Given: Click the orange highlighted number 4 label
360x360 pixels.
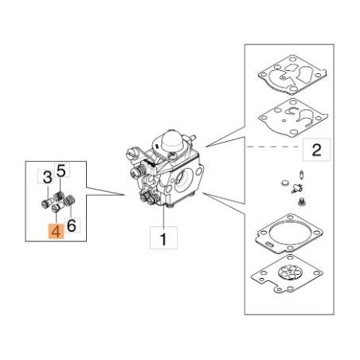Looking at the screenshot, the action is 56,231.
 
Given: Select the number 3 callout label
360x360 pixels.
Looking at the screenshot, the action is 47,177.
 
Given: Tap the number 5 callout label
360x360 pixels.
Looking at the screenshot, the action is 61,170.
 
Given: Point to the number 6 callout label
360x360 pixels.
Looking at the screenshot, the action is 72,225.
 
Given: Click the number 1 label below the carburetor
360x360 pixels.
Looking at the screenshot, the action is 163,238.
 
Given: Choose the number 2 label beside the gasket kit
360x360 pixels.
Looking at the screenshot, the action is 316,150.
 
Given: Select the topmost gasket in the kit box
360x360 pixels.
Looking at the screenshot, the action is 292,75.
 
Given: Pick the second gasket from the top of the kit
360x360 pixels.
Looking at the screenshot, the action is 293,119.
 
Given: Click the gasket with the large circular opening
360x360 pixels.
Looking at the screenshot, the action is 289,234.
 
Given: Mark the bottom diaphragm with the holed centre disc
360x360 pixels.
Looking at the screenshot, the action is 287,274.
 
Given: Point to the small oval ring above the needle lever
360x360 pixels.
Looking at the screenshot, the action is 302,174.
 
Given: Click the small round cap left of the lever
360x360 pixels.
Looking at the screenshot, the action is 284,182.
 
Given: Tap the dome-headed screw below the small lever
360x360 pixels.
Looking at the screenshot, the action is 302,202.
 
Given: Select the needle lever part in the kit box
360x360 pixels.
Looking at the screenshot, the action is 296,188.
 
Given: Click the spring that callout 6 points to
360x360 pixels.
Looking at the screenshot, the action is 70,200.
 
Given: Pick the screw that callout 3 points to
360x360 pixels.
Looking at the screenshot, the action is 47,204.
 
